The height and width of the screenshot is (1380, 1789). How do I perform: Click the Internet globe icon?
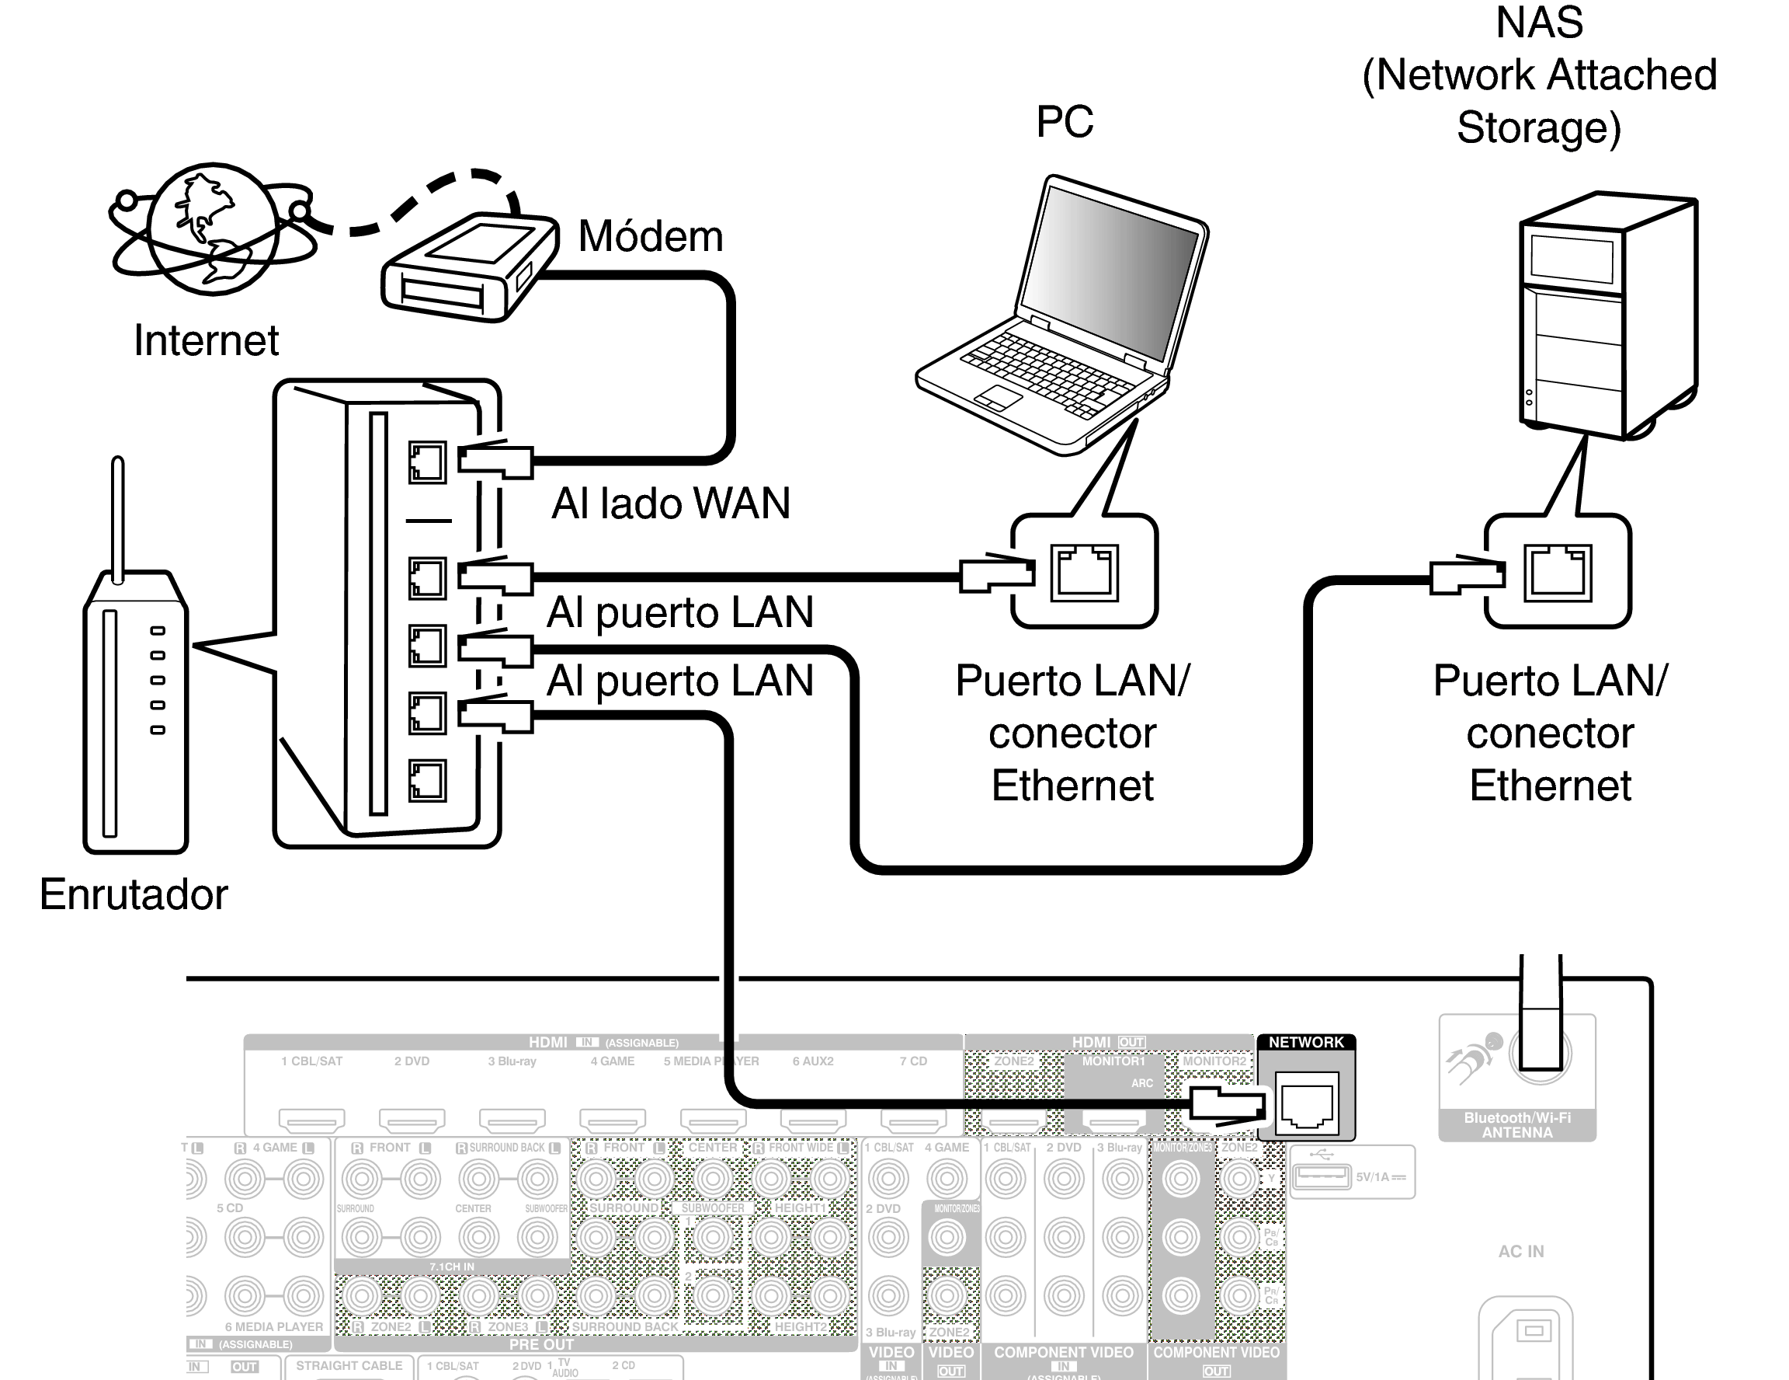(x=213, y=228)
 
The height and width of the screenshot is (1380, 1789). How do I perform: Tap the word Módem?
(x=651, y=237)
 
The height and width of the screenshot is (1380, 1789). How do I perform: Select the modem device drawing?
(x=468, y=267)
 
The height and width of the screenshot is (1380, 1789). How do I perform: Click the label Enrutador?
(x=134, y=894)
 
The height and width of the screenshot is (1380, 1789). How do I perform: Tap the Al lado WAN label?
(x=671, y=504)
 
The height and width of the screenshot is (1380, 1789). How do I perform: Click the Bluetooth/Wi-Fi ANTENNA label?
(x=1517, y=1125)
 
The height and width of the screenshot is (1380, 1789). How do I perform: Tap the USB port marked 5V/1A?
(x=1321, y=1176)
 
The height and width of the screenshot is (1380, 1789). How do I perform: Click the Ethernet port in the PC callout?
(x=1085, y=572)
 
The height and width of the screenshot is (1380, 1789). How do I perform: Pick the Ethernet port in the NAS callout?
(x=1557, y=572)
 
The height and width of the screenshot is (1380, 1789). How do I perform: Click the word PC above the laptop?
(x=1064, y=122)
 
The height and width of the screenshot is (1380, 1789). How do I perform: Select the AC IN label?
(x=1520, y=1251)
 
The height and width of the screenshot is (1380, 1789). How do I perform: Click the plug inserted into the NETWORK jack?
(x=1227, y=1103)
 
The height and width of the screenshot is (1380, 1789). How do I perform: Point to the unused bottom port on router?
(x=427, y=779)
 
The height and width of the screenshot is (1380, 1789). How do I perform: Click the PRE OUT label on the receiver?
(x=540, y=1345)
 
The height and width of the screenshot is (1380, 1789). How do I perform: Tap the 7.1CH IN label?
(x=451, y=1267)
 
